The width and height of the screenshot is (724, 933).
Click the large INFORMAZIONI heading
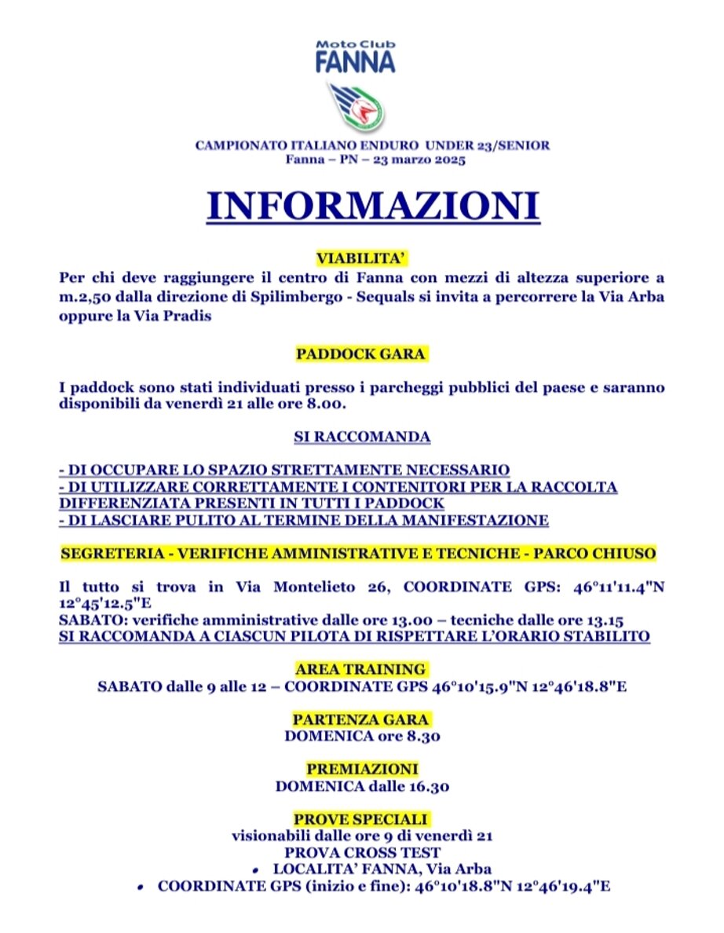coord(373,205)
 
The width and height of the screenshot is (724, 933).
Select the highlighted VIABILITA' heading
coord(362,258)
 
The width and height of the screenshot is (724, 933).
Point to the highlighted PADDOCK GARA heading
coord(361,354)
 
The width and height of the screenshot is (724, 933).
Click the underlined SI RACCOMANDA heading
coord(362,437)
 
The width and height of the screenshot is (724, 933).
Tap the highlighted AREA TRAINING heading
coord(361,669)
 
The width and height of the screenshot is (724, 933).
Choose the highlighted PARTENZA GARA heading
coord(361,719)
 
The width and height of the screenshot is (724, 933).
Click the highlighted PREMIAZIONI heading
coord(362,769)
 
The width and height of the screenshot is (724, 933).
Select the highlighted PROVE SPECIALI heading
coord(361,819)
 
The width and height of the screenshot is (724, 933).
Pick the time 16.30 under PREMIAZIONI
coord(426,786)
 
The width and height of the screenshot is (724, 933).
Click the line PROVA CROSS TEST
coord(362,852)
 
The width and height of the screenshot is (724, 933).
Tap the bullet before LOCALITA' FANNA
coord(258,870)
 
